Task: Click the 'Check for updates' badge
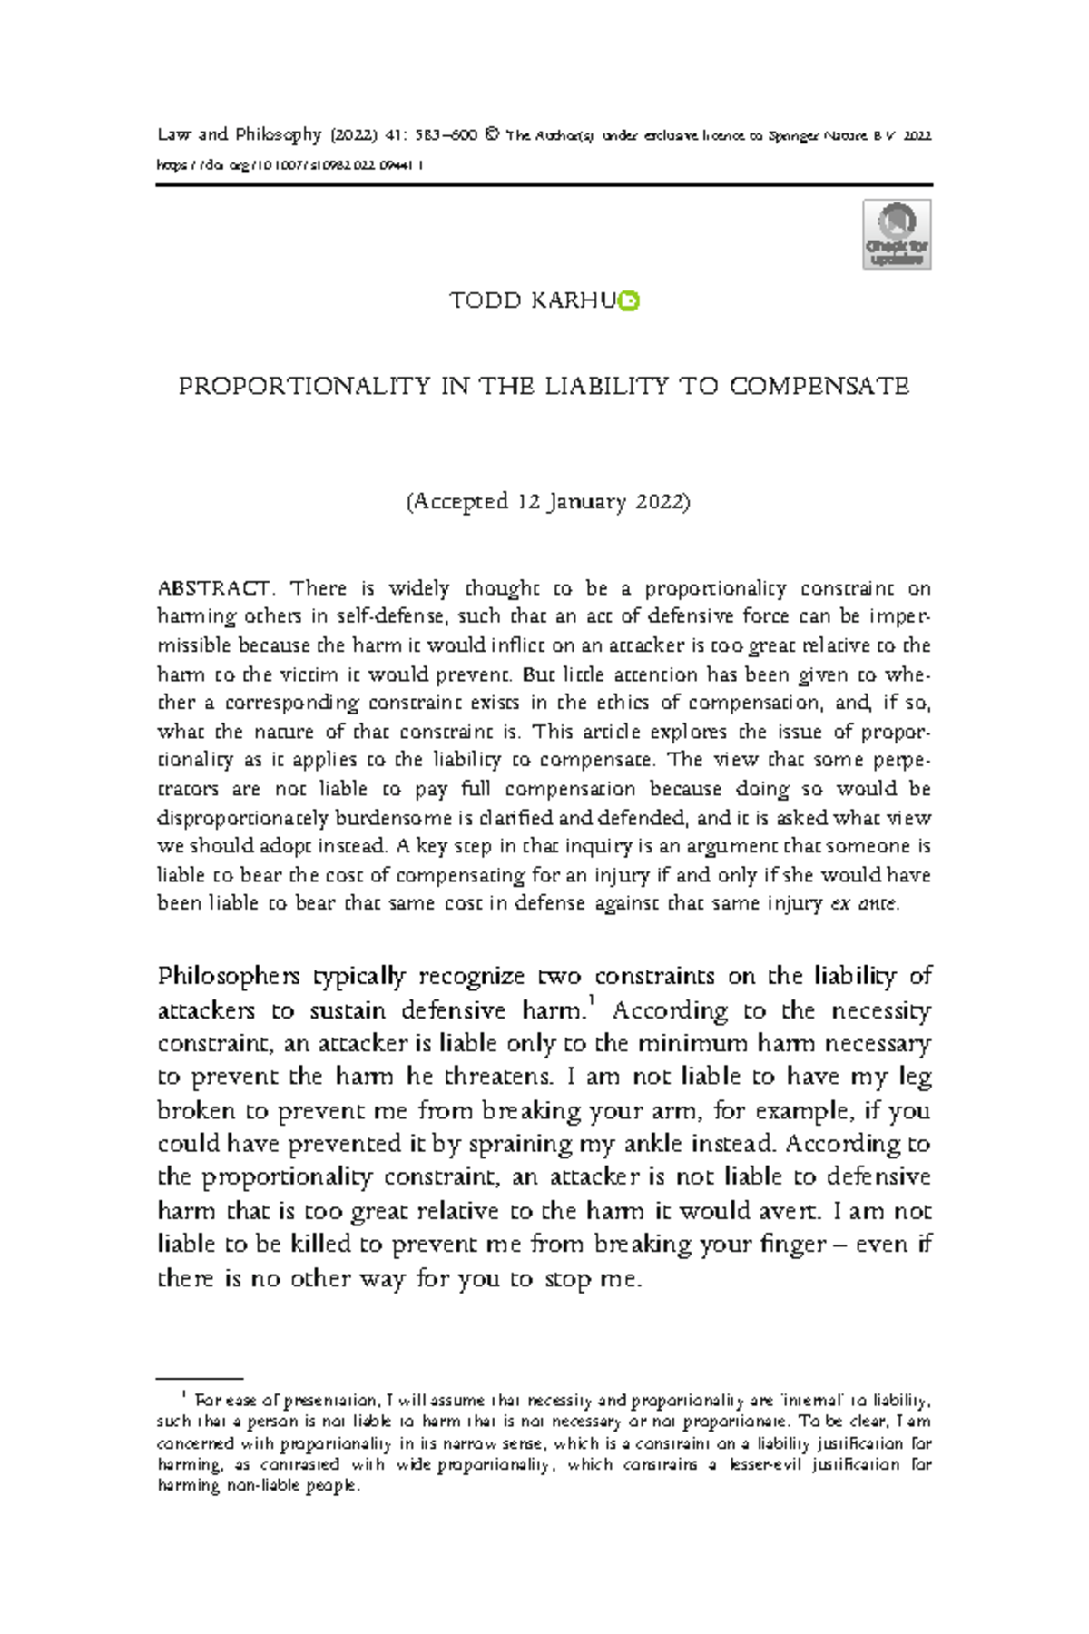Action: (897, 235)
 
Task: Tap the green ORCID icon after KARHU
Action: (629, 300)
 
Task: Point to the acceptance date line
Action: (547, 501)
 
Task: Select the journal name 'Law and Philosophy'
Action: (240, 134)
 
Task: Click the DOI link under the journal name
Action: (290, 165)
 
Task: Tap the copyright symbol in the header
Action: (492, 135)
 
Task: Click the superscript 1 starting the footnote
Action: (184, 1393)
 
